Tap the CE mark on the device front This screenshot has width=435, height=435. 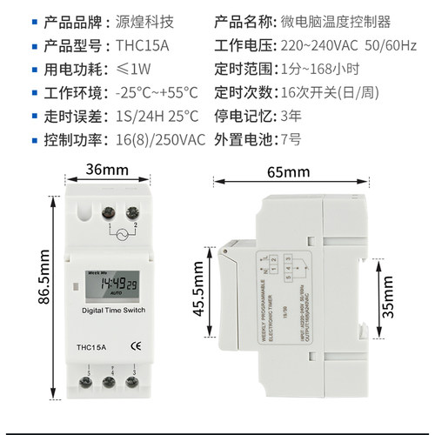coord(136,345)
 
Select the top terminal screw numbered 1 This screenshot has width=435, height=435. coord(110,211)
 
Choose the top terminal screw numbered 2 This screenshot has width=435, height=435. coord(132,211)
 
